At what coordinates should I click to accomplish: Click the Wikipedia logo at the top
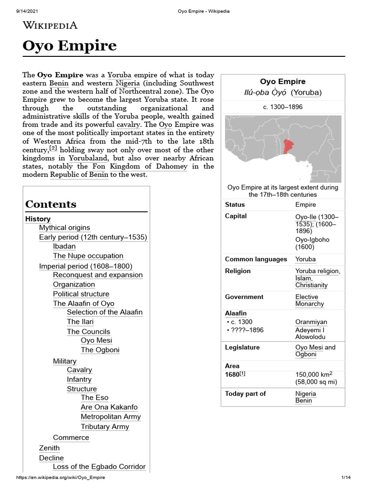(50, 25)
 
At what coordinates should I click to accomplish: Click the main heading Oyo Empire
(70, 46)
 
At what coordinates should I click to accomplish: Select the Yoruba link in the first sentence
(119, 75)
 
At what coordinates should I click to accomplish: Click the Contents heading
(51, 204)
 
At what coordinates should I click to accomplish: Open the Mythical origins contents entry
(65, 228)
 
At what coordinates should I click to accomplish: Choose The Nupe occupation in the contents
(88, 256)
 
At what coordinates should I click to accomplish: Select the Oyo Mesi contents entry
(97, 340)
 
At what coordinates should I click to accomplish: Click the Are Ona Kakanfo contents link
(109, 407)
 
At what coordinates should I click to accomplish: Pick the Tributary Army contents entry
(105, 426)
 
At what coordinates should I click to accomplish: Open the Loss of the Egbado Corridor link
(99, 467)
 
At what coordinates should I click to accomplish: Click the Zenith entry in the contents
(49, 448)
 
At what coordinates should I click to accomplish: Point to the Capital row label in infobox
(236, 216)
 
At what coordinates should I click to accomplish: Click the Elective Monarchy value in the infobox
(310, 300)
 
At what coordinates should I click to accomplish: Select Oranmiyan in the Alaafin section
(311, 322)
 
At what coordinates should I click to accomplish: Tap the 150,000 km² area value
(317, 375)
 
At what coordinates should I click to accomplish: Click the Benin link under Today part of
(303, 401)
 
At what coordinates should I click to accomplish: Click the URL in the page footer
(61, 478)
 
